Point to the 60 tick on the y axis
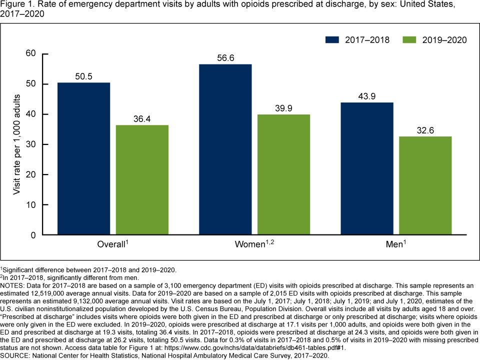[32, 54]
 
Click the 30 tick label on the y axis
[32, 144]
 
